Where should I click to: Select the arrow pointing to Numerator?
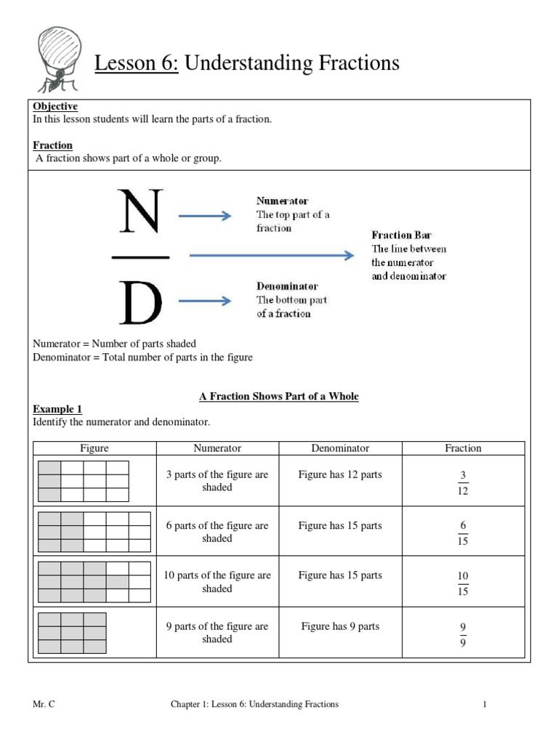(205, 215)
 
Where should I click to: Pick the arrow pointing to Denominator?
(205, 300)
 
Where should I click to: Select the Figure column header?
(94, 448)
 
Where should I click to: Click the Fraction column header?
(463, 448)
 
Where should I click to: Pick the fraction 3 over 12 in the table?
(463, 482)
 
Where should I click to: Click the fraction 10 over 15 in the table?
(463, 583)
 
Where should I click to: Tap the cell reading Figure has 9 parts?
(340, 626)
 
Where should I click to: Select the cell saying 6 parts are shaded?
(217, 532)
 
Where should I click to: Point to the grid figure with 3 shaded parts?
(84, 481)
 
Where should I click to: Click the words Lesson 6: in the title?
(137, 63)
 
